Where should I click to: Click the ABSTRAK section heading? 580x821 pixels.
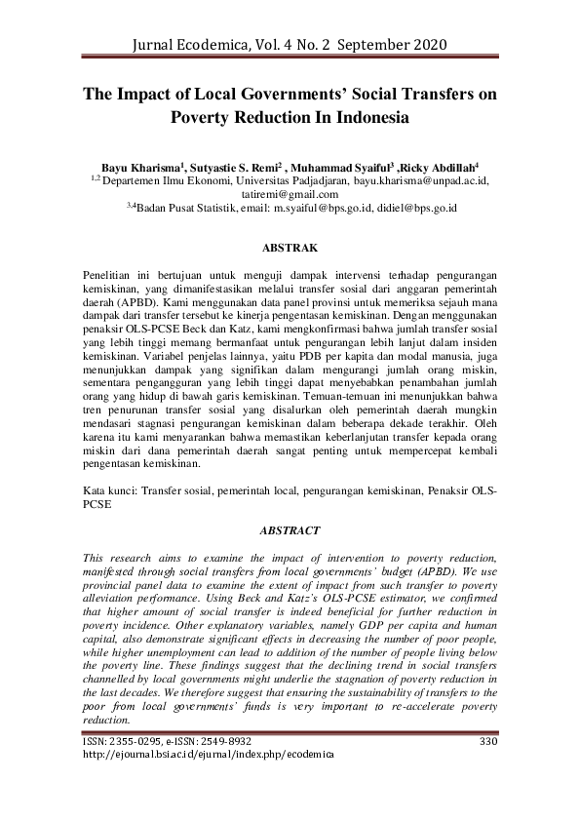point(290,249)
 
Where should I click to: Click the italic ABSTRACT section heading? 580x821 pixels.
point(290,530)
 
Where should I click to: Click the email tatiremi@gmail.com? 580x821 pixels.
point(289,194)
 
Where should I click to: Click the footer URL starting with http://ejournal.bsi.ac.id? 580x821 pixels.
point(203,756)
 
